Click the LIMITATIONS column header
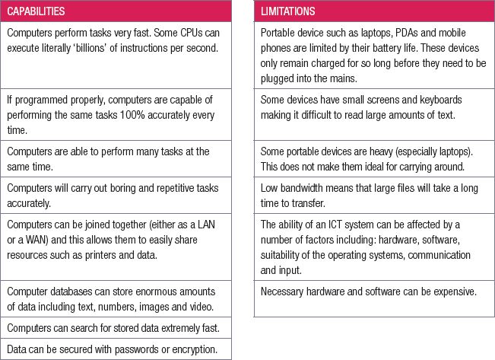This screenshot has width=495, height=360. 288,12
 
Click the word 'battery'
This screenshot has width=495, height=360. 405,48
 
